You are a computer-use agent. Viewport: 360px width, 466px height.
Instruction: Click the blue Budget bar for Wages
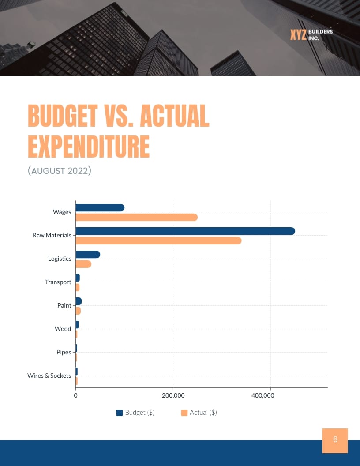100,208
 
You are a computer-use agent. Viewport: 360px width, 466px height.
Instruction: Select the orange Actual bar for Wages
137,217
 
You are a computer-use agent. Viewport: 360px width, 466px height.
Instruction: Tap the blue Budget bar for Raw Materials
185,231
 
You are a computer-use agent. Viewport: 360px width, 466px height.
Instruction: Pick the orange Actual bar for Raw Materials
159,241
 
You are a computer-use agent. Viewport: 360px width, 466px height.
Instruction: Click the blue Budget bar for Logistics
88,255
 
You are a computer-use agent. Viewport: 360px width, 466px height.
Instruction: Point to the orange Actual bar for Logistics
83,264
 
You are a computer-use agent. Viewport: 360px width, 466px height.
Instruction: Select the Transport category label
58,282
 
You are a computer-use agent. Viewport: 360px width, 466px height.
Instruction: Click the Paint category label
64,305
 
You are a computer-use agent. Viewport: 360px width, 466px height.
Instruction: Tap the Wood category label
63,329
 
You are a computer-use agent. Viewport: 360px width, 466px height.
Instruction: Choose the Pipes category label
64,352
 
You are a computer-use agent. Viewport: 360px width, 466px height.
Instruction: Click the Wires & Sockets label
49,376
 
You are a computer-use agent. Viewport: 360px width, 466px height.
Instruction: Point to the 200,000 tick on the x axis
173,395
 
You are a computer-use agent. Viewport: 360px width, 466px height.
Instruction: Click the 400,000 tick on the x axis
262,395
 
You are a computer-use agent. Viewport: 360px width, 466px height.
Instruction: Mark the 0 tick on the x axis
76,395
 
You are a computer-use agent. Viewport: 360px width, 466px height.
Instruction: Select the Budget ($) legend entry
135,413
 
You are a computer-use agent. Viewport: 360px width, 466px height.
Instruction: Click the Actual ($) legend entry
199,413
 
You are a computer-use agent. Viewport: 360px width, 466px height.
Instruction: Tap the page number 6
335,440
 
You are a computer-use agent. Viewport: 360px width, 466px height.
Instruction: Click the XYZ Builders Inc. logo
311,34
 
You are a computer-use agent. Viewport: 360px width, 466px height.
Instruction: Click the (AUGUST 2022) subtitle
59,171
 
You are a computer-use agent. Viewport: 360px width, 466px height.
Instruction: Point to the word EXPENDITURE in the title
89,147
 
